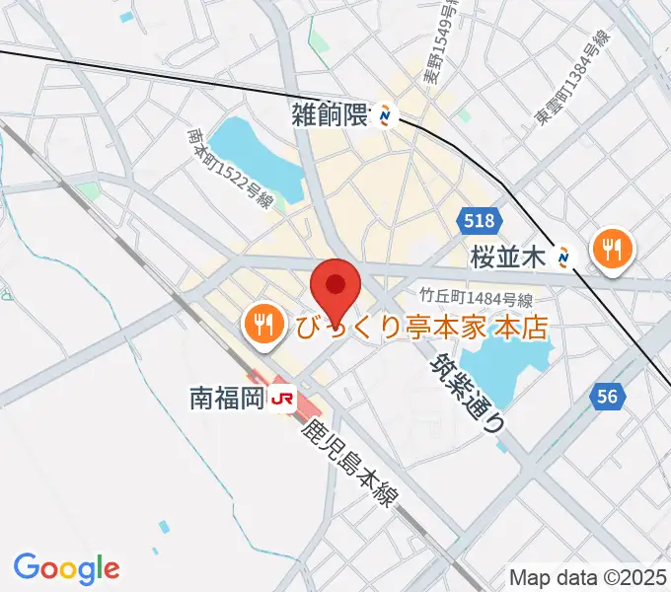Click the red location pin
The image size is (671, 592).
pos(335,287)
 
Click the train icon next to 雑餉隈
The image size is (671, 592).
pos(386,116)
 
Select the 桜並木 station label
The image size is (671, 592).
pos(508,259)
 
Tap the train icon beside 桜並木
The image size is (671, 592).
pos(564,258)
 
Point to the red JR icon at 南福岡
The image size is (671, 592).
pos(284,398)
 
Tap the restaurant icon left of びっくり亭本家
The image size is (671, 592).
pos(262,324)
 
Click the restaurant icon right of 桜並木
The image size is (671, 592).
pos(612,249)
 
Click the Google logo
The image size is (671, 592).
pos(66,568)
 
